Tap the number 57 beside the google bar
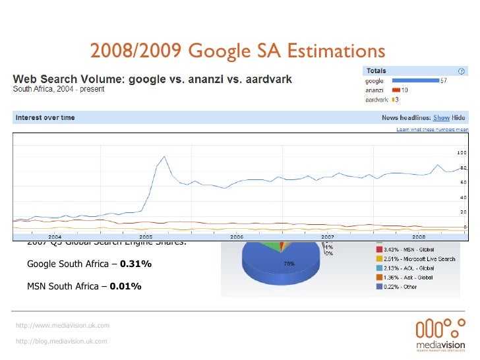pos(445,81)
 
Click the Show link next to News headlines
pos(441,118)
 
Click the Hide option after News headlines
pos(458,118)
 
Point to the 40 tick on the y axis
pos(463,197)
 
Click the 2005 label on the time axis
pos(145,235)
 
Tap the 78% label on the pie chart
pos(288,263)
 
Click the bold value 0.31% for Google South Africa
pos(135,264)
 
